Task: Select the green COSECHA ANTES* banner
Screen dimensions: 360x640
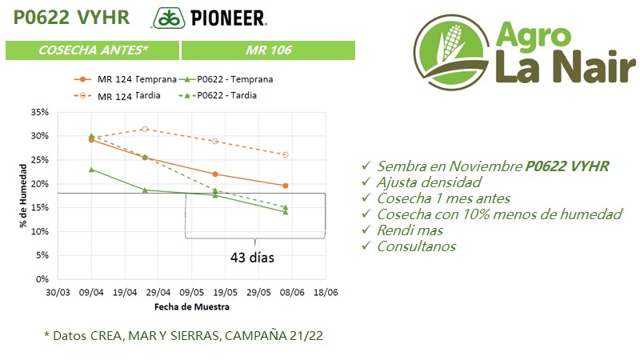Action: (93, 50)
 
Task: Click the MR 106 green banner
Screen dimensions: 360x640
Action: (269, 50)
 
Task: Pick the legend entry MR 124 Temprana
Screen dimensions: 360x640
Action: (120, 79)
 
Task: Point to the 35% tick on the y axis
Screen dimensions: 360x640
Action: (39, 112)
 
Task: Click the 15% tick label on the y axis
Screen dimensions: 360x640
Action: (39, 208)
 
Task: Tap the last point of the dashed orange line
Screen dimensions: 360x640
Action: (285, 154)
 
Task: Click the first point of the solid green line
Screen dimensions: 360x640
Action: (91, 170)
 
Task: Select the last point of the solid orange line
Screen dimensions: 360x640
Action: (285, 186)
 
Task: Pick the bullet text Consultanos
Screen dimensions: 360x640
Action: (417, 246)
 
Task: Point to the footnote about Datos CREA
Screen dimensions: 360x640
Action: (183, 336)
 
